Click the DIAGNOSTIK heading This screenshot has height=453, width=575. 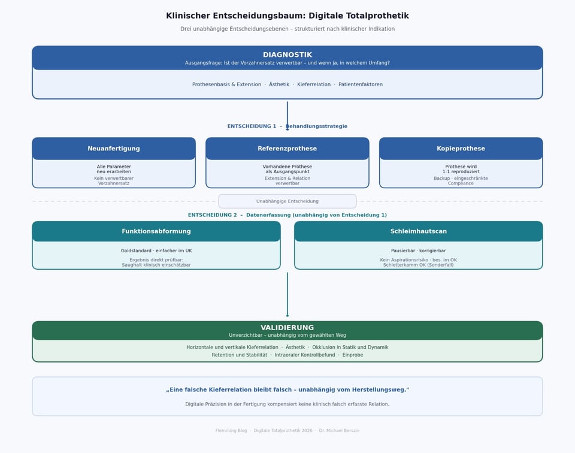pos(287,55)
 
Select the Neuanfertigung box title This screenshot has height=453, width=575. pos(114,149)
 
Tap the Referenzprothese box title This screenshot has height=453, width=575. pos(287,149)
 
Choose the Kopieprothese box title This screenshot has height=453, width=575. pos(461,149)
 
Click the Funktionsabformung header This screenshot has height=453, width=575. pos(156,231)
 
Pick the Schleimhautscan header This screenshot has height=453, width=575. pos(419,231)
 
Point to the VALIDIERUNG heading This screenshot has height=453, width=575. pos(287,328)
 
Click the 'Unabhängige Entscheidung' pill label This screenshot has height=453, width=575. pos(287,201)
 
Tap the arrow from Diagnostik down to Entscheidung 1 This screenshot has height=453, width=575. pos(287,116)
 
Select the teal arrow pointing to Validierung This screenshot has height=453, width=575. pos(287,295)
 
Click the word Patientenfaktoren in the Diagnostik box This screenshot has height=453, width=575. pos(361,84)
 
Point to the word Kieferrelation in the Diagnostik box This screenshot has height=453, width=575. pos(314,84)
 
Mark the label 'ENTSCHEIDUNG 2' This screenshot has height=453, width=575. pos(212,215)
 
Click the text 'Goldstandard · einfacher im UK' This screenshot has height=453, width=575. pos(156,251)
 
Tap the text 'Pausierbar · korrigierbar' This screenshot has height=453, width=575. pos(419,251)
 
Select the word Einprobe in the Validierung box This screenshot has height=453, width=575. pos(353,355)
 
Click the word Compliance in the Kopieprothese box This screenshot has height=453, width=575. pos(461,183)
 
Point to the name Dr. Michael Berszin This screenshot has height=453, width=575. pos(339,431)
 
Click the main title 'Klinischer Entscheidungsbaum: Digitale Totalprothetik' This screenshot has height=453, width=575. pos(287,16)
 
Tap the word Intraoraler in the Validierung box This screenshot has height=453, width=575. pos(287,355)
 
